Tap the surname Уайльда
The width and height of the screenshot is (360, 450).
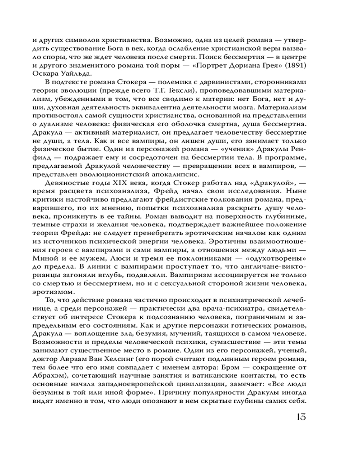pos(79,74)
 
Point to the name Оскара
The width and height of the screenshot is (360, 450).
pos(45,74)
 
